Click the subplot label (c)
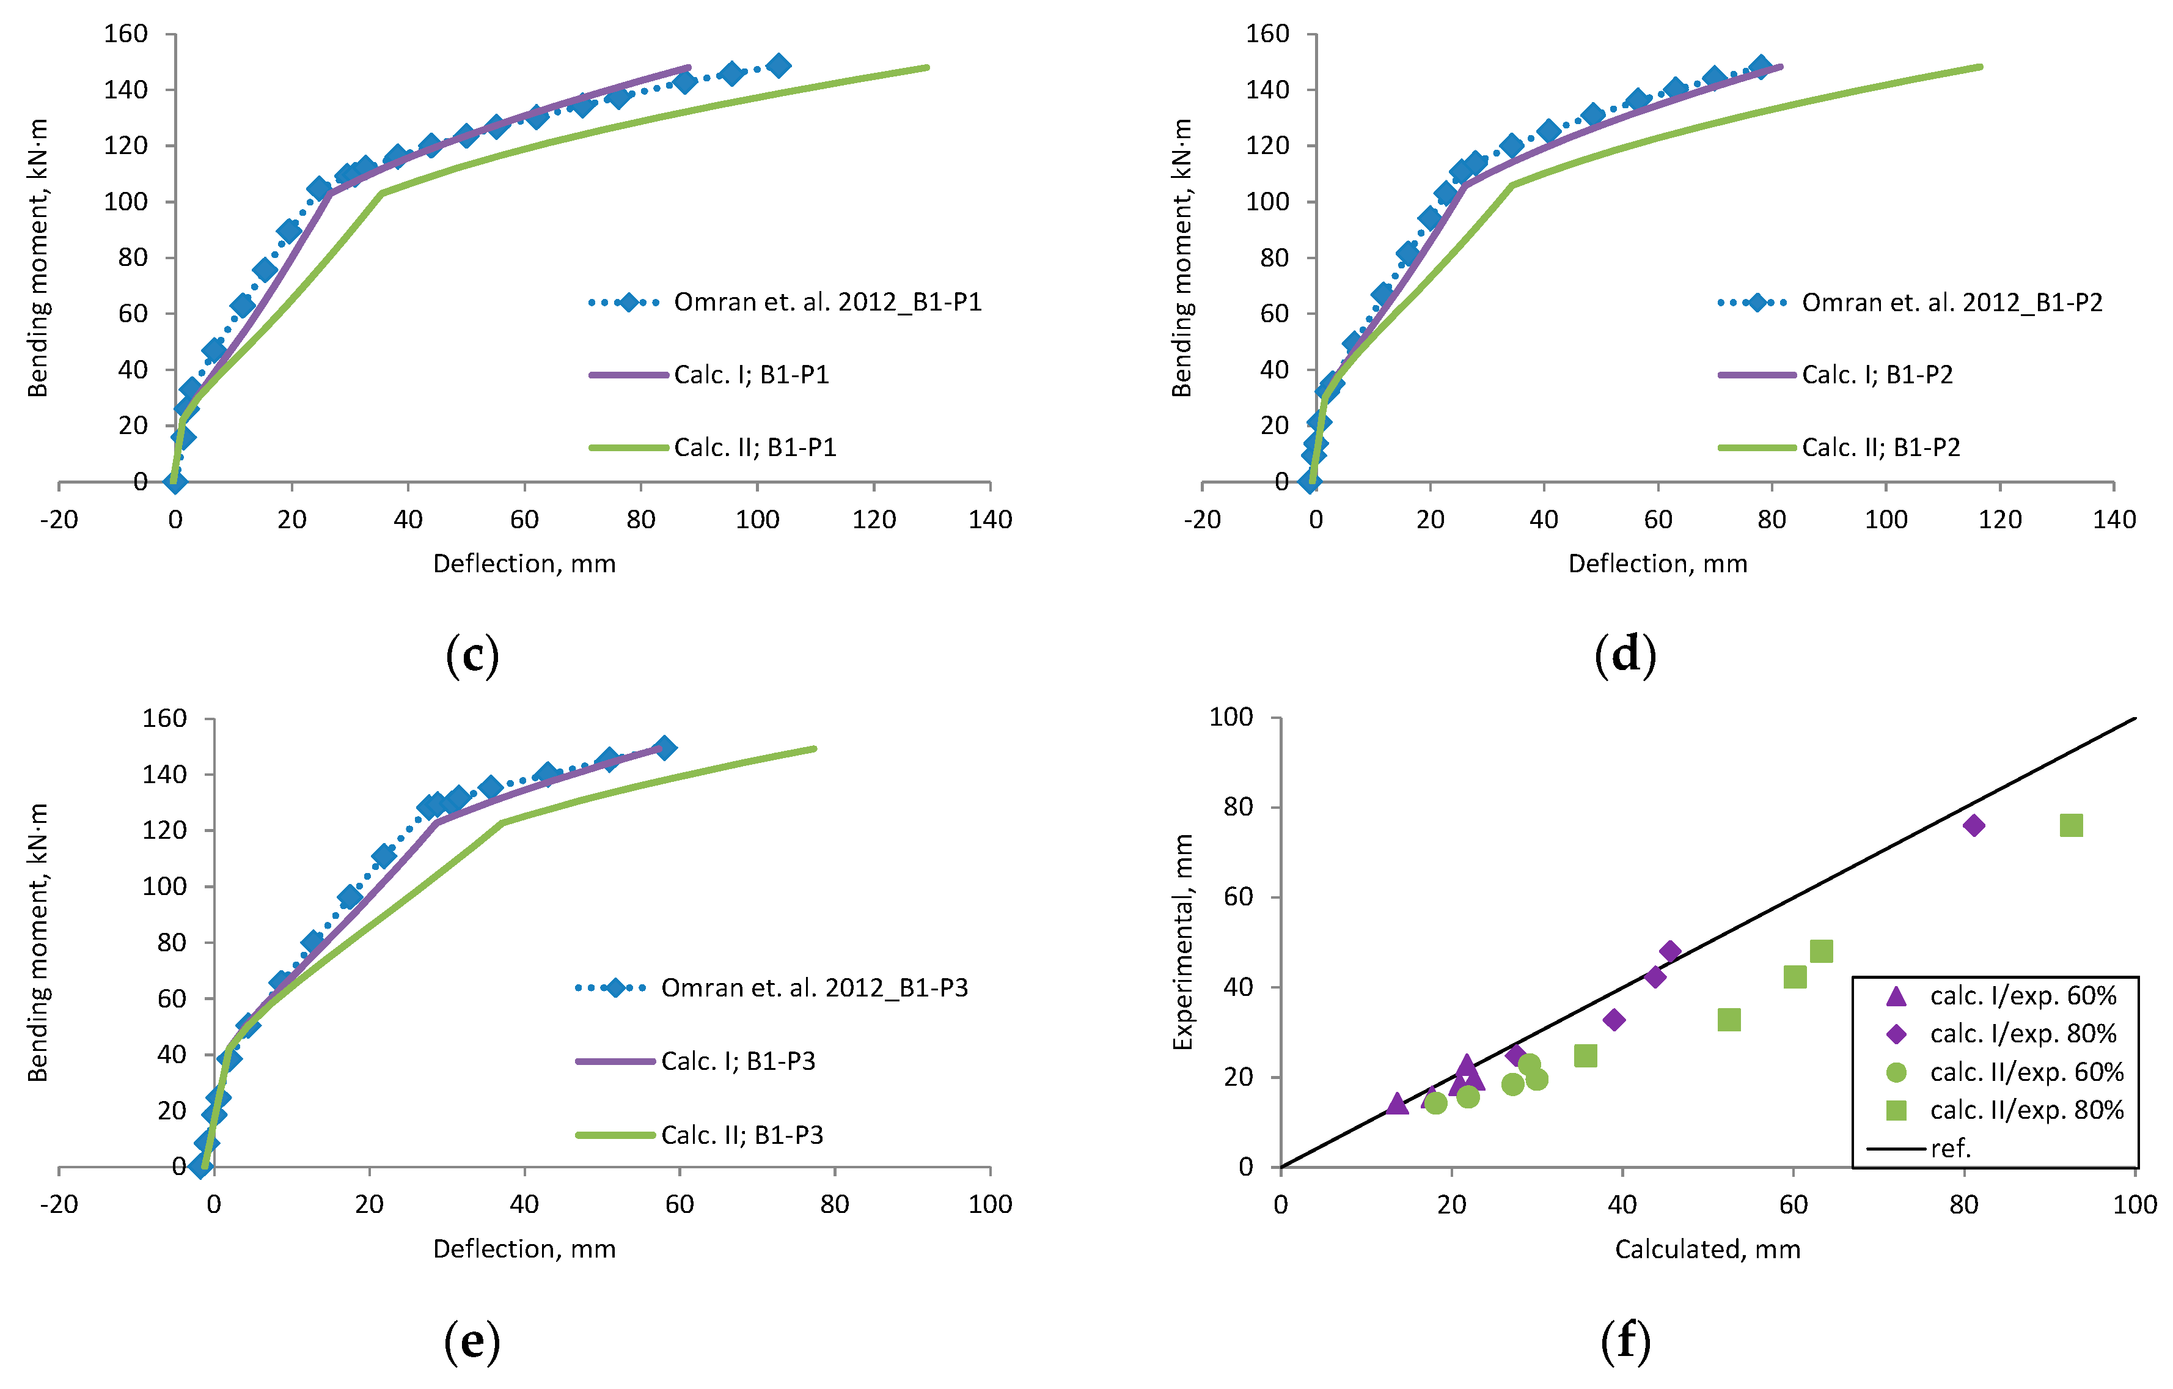point(472,655)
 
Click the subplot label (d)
point(1625,655)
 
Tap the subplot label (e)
point(472,1341)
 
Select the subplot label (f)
point(1625,1341)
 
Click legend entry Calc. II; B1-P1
point(755,448)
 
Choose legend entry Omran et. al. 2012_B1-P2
point(1951,303)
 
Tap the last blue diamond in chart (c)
point(779,66)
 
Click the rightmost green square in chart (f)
point(2071,825)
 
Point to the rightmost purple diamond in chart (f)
point(1974,825)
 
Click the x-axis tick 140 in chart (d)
point(2114,520)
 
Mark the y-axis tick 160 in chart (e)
point(164,718)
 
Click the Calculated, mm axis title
point(1707,1249)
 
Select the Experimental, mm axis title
point(1182,942)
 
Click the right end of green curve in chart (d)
point(1980,67)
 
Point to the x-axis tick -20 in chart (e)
point(59,1204)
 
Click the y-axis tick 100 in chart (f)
point(1231,718)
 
